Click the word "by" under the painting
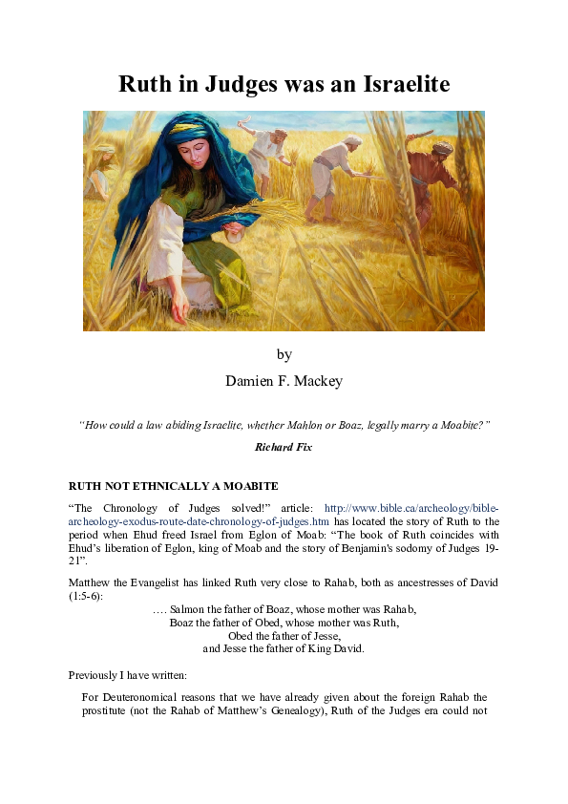pos(284,354)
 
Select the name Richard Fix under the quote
pos(284,446)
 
